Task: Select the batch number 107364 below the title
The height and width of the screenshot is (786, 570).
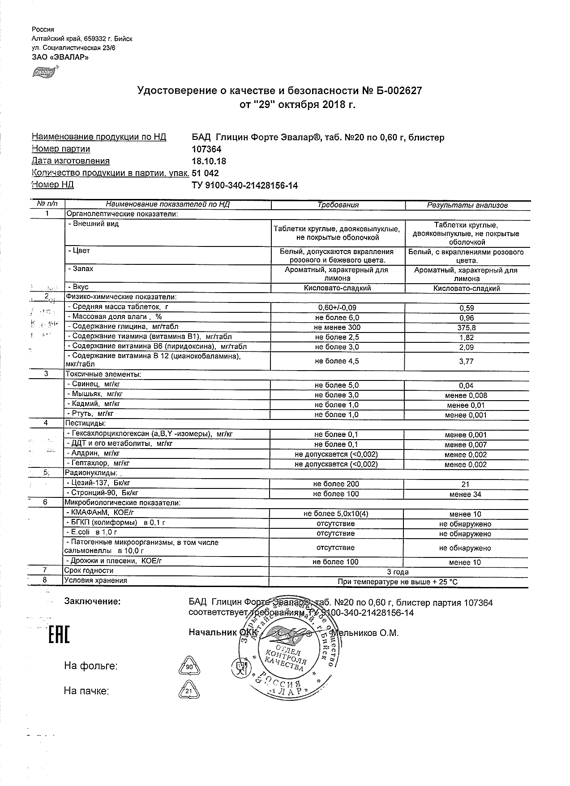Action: point(206,149)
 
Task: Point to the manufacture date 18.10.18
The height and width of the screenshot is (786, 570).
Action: point(209,161)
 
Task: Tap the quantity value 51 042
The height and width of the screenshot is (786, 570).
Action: point(205,173)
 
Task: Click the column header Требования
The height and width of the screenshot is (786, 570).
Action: point(338,205)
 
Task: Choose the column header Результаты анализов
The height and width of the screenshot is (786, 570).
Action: point(467,206)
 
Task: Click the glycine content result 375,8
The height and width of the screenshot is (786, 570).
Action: point(467,328)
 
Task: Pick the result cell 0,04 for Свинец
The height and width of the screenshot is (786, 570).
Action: point(467,385)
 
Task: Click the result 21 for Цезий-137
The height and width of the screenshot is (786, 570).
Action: point(466,484)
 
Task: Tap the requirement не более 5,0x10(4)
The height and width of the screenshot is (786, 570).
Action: point(336,514)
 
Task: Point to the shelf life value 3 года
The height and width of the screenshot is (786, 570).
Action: point(398,572)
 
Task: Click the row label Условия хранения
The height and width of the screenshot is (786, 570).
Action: point(96,581)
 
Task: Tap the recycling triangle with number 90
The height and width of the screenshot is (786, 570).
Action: point(189,666)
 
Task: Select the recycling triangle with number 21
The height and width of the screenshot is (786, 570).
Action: point(189,691)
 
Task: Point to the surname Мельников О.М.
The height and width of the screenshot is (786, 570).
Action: point(364,633)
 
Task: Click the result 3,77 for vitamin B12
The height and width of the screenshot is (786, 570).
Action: point(467,361)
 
